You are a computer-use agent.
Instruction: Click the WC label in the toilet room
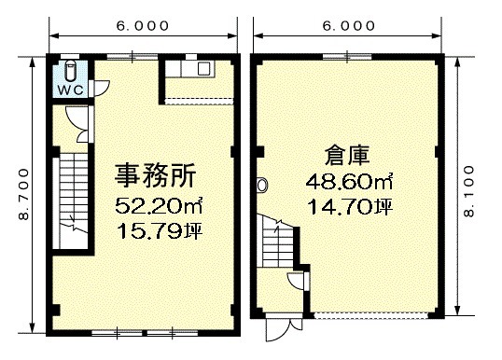coord(70,90)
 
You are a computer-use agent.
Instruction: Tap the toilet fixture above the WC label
coord(70,72)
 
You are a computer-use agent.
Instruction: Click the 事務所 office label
coord(155,175)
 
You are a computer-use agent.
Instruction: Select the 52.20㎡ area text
coord(159,206)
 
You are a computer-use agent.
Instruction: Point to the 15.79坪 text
coord(160,230)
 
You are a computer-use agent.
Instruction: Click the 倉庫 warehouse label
coord(347,156)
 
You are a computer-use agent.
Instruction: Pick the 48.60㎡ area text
coord(349,182)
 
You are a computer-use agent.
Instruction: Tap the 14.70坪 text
coord(350,207)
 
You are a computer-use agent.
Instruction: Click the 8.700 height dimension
coord(23,194)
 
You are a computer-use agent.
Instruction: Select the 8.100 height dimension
coord(468,191)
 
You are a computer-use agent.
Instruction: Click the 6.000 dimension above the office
coord(143,26)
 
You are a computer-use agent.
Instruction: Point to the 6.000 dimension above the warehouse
coord(349,26)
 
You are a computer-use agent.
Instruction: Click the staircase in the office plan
coord(74,200)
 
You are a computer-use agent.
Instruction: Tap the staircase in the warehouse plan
coord(277,242)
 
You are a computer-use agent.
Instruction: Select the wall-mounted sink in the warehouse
coord(261,185)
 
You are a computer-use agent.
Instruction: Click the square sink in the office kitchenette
coord(203,68)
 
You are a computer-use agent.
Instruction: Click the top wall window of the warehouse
coord(347,57)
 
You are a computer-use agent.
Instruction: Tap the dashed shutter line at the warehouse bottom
coord(370,316)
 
